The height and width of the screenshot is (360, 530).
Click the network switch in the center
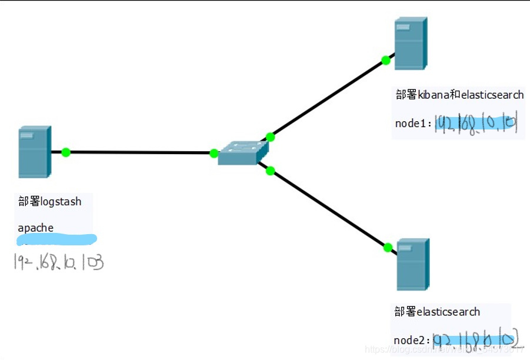[x=238, y=153]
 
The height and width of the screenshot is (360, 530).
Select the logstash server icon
[x=34, y=151]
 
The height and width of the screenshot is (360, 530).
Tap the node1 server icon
[x=410, y=44]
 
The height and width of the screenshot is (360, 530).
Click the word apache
[x=36, y=228]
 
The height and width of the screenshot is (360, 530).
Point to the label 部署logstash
[x=50, y=202]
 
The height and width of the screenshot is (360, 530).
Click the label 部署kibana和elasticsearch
[x=459, y=95]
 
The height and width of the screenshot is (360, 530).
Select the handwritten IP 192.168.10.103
[x=59, y=262]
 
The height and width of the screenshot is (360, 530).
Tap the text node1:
[x=414, y=124]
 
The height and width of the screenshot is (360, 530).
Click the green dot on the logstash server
[x=66, y=152]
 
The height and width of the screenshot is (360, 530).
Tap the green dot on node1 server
[x=386, y=60]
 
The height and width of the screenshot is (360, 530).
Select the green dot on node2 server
[x=388, y=248]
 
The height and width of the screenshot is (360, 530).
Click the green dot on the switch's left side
[x=214, y=154]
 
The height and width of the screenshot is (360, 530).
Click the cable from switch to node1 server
[x=328, y=99]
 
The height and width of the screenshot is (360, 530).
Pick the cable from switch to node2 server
[x=329, y=209]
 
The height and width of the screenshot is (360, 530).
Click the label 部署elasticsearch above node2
[x=437, y=312]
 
